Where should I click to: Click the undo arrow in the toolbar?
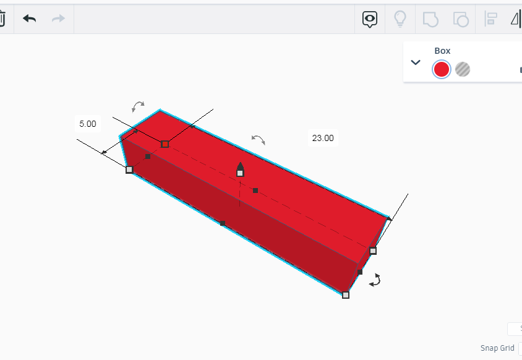[29, 19]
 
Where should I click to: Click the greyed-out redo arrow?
[58, 19]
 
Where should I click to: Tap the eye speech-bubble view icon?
[369, 19]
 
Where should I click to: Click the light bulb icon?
[400, 19]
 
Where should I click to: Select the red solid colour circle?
[442, 69]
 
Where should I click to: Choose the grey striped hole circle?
[463, 69]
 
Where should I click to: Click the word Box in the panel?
[442, 51]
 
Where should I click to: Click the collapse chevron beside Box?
[416, 62]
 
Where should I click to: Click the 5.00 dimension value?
[88, 124]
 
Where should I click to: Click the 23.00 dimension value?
[323, 138]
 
